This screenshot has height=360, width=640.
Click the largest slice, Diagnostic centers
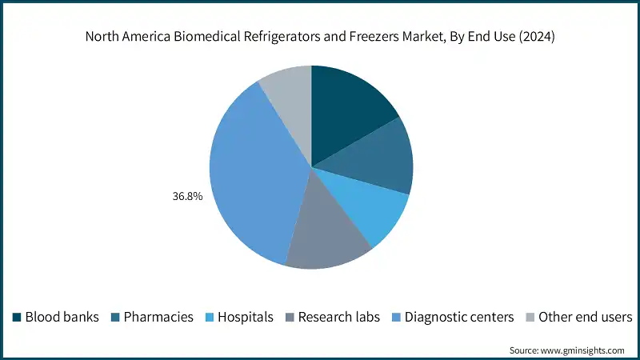coord(252,176)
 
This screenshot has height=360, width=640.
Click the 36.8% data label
coord(186,194)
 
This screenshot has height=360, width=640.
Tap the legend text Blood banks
coord(62,317)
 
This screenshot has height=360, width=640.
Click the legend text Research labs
coord(339,317)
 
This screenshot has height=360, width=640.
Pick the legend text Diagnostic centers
coord(459,317)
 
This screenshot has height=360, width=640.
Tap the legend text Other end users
coord(586,317)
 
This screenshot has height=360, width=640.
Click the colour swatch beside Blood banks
coord(16,317)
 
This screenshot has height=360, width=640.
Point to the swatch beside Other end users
coord(530,317)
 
